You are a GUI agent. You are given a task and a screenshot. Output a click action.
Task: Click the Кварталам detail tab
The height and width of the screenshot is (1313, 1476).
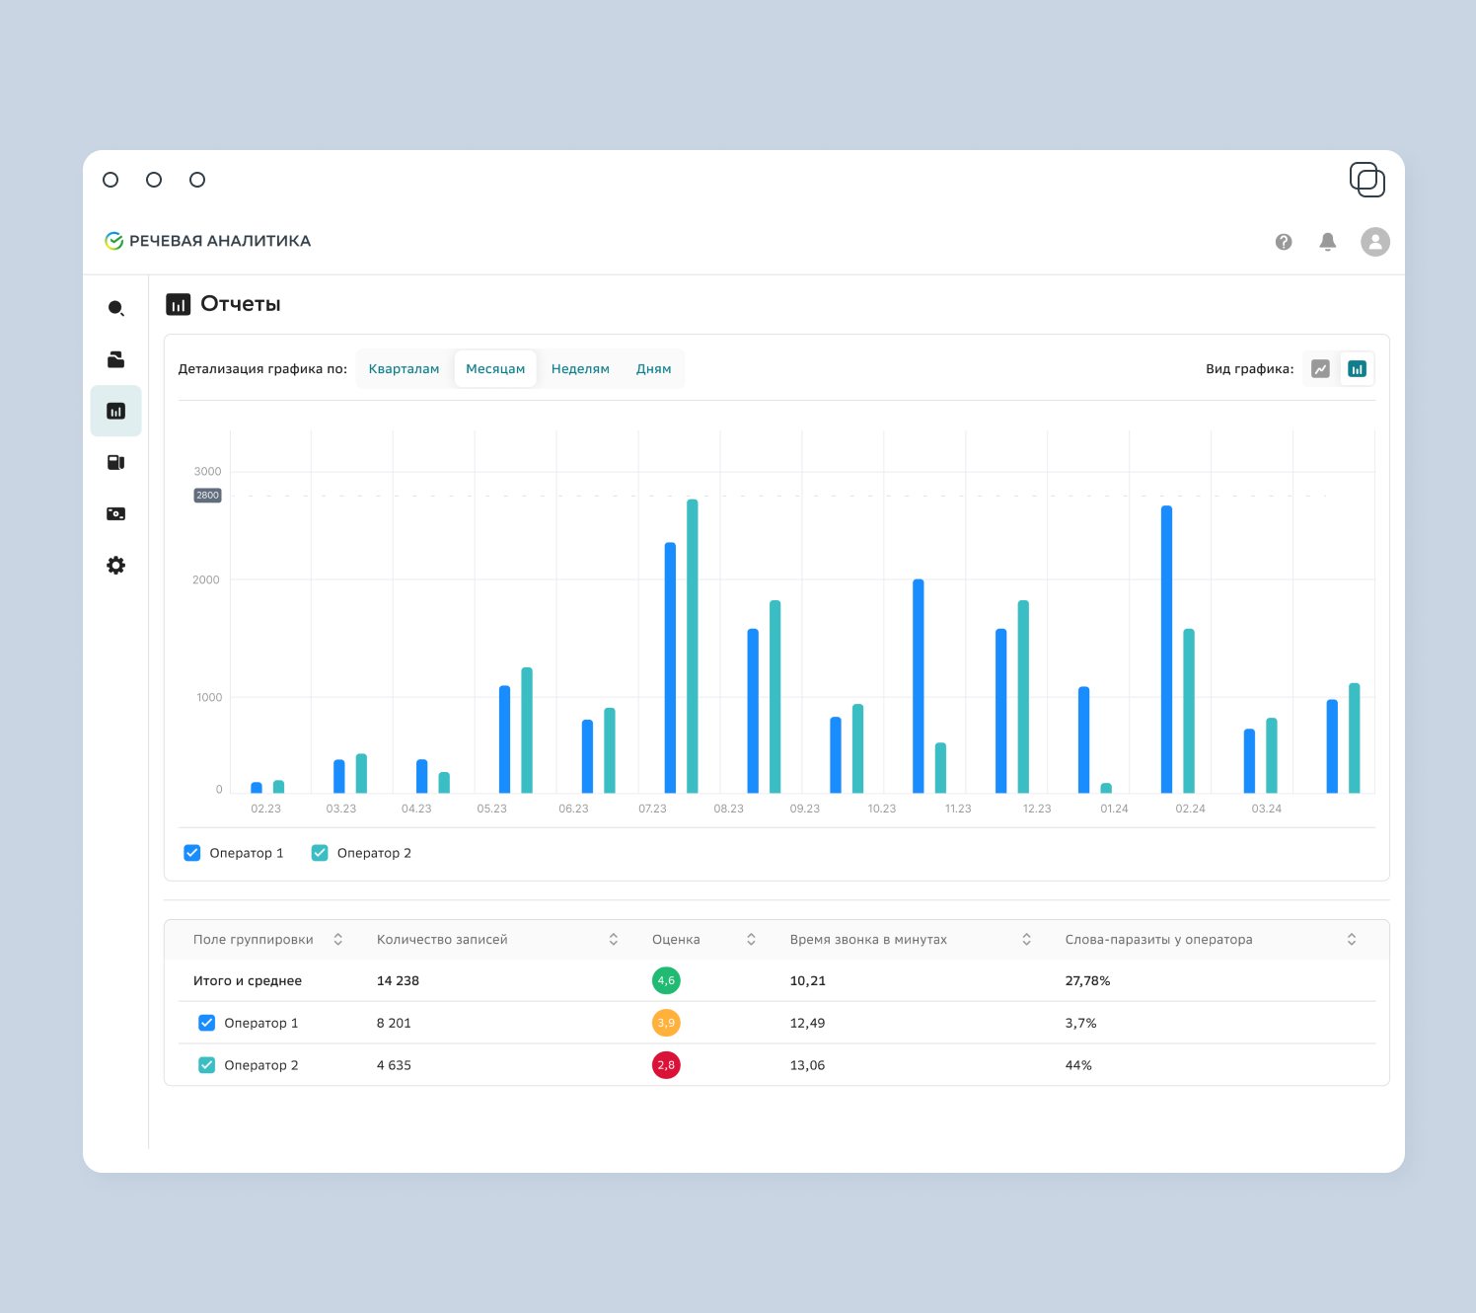[x=404, y=369]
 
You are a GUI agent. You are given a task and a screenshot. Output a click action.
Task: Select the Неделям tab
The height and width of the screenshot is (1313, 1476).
[x=580, y=369]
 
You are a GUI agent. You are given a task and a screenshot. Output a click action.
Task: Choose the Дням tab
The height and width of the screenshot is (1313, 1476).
[x=653, y=369]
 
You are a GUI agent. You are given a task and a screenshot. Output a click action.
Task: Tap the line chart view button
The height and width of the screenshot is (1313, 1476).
[x=1320, y=369]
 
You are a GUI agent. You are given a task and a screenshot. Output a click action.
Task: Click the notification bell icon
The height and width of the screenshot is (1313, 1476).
[x=1327, y=242]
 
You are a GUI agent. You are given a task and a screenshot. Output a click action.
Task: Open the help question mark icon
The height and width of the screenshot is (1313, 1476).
[x=1284, y=242]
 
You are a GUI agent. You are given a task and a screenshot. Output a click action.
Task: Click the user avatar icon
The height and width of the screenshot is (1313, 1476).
[x=1375, y=242]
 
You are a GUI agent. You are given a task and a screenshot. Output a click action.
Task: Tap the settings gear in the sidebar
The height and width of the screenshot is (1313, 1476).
[x=115, y=565]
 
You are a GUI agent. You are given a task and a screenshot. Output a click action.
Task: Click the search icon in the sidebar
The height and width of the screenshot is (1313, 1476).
[x=115, y=308]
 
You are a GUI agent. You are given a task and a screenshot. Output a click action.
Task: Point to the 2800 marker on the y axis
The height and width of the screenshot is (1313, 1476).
[x=207, y=495]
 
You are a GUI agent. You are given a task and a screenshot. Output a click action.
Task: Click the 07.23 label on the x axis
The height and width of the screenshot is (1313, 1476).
[x=652, y=809]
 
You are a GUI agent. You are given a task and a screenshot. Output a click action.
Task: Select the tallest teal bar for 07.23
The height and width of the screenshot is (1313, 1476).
[x=692, y=646]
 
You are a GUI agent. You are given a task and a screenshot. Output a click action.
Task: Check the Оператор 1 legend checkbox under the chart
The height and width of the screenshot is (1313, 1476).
[x=192, y=853]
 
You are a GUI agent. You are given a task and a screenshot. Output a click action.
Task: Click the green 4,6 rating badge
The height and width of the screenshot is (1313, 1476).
[x=666, y=980]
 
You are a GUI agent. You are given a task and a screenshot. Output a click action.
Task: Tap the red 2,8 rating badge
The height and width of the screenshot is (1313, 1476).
[x=666, y=1065]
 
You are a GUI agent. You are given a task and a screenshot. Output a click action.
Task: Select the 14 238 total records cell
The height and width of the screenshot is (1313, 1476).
[x=398, y=980]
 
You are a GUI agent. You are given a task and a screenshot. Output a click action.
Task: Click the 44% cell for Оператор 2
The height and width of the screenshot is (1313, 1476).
[x=1078, y=1065]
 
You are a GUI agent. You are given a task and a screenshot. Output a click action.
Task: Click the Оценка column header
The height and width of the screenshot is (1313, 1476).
[x=676, y=940]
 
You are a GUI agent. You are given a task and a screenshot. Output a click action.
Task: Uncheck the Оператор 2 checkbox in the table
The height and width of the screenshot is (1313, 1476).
[x=207, y=1065]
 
